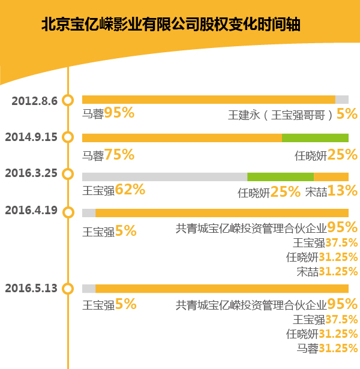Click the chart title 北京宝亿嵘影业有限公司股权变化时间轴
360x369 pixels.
click(171, 25)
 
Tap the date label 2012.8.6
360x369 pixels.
click(34, 100)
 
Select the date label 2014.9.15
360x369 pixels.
click(31, 137)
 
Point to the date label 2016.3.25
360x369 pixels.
click(31, 174)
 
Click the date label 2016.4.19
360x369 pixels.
click(31, 211)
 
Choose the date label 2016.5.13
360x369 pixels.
click(31, 288)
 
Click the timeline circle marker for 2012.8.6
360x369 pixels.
click(68, 100)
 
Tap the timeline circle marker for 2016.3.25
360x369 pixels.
click(68, 175)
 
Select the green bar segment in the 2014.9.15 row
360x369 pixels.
click(315, 137)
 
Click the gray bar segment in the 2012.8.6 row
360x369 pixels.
click(341, 100)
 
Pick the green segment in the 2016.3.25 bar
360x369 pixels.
click(280, 176)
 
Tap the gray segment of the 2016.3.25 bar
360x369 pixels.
click(164, 176)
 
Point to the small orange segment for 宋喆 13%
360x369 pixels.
click(331, 176)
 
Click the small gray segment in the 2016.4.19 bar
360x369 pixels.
click(89, 212)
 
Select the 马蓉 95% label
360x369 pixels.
click(108, 113)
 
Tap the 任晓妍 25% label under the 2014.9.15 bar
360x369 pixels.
click(326, 155)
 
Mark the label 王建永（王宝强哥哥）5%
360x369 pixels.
click(293, 113)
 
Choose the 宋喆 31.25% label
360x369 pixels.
click(327, 271)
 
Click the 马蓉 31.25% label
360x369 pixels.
click(327, 348)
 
